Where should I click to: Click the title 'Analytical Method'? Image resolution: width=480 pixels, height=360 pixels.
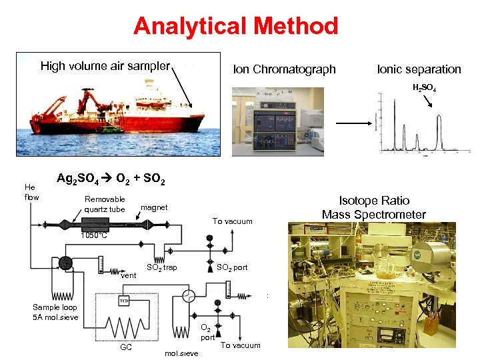click(x=236, y=26)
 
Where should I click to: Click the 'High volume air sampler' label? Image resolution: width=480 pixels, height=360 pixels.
click(x=105, y=66)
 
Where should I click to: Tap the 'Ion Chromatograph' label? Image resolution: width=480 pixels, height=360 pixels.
click(x=284, y=69)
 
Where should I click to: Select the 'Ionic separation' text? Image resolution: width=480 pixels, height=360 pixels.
click(x=419, y=69)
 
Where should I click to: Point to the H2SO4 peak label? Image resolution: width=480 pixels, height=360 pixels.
click(x=424, y=87)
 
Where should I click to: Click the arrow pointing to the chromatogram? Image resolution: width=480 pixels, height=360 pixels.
click(x=353, y=123)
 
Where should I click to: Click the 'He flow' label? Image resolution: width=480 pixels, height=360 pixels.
click(x=31, y=192)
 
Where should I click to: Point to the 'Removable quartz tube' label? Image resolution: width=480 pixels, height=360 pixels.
click(x=105, y=204)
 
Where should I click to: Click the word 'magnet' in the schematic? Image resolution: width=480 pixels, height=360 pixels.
click(x=154, y=208)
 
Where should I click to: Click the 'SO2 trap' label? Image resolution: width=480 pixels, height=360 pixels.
click(x=161, y=268)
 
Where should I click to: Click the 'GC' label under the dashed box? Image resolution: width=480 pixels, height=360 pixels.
click(x=126, y=347)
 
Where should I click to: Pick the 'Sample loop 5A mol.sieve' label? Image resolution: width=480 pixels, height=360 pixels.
click(x=55, y=312)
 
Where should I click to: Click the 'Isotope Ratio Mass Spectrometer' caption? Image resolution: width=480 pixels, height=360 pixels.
click(x=373, y=207)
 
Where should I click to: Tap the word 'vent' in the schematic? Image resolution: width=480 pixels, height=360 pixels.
click(x=129, y=275)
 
